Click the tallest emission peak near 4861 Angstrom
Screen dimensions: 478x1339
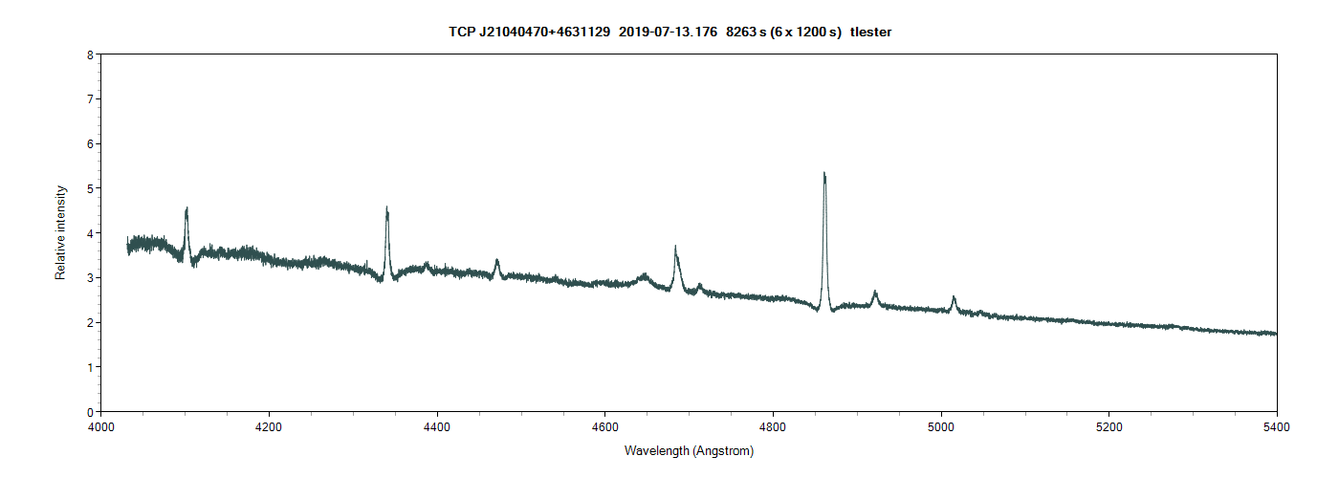824,174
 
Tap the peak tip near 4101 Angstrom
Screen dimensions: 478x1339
187,208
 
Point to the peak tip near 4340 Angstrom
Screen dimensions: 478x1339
386,208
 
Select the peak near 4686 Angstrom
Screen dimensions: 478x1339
675,248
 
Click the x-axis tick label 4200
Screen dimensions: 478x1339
269,425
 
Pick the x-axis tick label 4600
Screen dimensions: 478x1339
604,425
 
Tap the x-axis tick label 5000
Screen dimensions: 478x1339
941,425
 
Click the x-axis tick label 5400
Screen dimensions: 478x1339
1277,425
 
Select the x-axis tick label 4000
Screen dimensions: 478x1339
101,425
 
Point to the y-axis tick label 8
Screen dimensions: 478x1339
90,54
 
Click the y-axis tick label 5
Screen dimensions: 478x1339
90,188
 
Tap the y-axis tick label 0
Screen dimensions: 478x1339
90,412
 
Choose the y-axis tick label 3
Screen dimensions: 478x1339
90,277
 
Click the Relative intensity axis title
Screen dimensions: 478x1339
60,233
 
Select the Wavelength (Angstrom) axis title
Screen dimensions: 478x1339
689,450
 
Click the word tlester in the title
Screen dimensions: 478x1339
871,33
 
